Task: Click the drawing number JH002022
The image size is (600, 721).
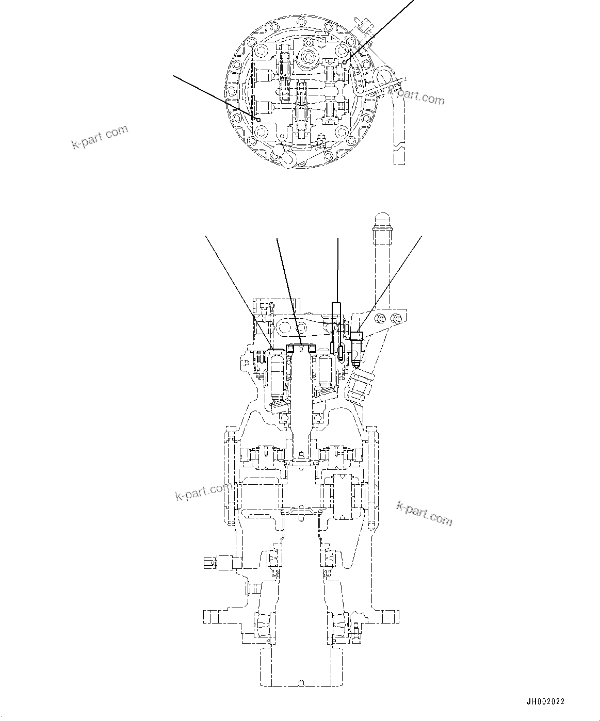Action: pos(545,701)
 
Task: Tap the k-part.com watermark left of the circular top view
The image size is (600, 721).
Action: pos(100,136)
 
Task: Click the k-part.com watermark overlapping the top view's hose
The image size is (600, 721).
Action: pos(416,96)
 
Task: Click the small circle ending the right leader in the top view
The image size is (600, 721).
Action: pos(345,62)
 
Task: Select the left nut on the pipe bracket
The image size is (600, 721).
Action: pos(381,319)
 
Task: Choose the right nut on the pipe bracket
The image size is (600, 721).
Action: pos(396,318)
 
